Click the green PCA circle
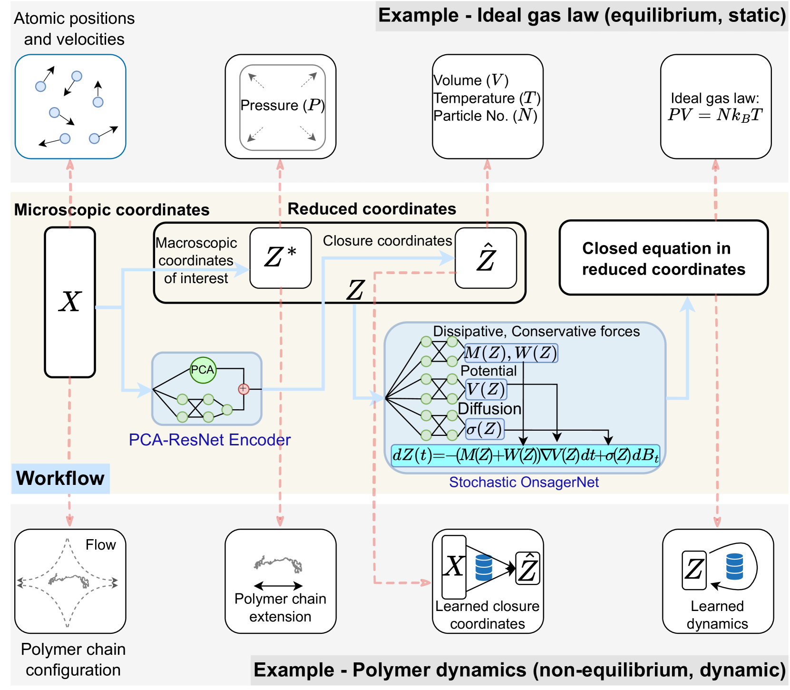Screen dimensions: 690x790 click(203, 370)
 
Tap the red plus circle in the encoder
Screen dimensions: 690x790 click(244, 389)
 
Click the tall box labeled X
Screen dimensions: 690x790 click(70, 302)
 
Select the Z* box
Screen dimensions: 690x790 click(281, 258)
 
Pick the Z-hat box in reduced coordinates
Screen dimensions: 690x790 click(486, 258)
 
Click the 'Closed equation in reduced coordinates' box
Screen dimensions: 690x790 click(663, 258)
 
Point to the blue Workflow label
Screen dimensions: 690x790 click(60, 478)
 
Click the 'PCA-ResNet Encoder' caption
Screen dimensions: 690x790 click(210, 440)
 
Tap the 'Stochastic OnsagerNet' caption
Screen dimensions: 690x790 click(524, 482)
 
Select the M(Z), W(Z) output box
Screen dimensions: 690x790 click(510, 353)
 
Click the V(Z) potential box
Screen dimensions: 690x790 click(486, 389)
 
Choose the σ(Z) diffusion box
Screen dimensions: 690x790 click(484, 429)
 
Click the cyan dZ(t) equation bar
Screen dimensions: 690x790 click(525, 455)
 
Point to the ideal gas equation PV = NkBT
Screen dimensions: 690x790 click(715, 115)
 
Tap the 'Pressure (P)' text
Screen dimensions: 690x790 click(283, 105)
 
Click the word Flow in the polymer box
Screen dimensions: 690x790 click(100, 545)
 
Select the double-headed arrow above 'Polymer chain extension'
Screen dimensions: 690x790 click(278, 586)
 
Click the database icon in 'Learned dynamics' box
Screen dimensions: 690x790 click(734, 566)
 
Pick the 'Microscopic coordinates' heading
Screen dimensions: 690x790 click(112, 210)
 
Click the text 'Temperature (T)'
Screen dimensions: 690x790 click(487, 98)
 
